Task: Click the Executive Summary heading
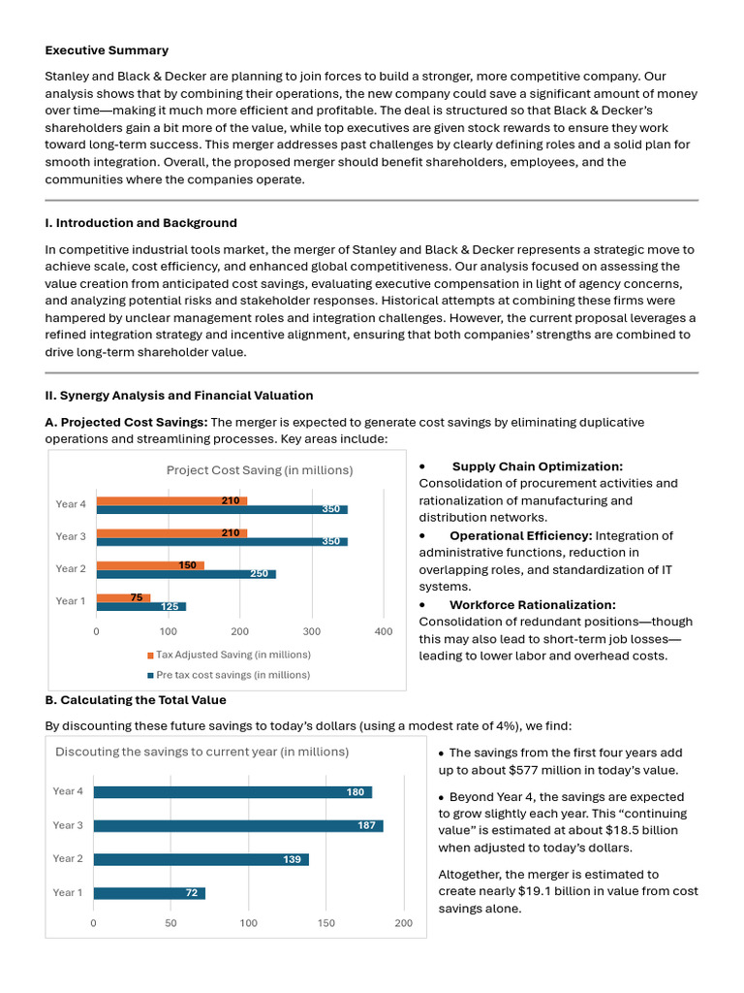(x=107, y=50)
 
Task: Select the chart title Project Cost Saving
(x=260, y=470)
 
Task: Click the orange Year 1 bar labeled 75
(x=123, y=597)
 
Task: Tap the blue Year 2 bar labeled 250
(x=186, y=574)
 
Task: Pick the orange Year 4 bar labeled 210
(x=171, y=500)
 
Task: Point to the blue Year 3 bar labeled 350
(x=221, y=541)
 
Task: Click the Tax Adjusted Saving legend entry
(x=229, y=655)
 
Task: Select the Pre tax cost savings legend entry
(x=229, y=674)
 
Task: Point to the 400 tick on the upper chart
(x=384, y=631)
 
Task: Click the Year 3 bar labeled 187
(x=237, y=825)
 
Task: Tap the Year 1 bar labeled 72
(x=149, y=892)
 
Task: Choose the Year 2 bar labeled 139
(x=201, y=859)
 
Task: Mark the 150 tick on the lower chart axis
(x=326, y=923)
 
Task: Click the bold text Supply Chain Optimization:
(x=537, y=466)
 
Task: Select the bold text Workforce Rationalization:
(x=532, y=604)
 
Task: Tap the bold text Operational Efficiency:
(x=520, y=535)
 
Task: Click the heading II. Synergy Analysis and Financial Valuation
(x=179, y=396)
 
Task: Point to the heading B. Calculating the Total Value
(x=136, y=700)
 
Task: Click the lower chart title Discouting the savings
(x=201, y=752)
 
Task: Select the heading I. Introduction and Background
(x=141, y=223)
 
